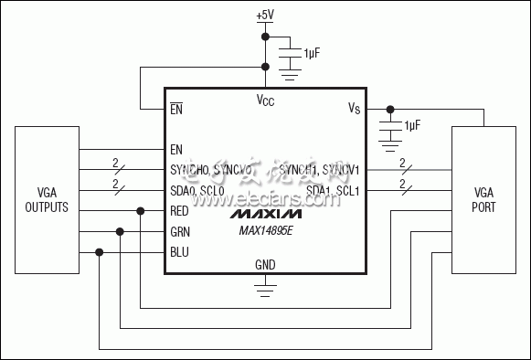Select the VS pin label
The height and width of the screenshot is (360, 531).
coord(355,109)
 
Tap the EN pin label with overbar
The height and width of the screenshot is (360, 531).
coord(177,109)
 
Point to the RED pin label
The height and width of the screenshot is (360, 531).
coord(180,210)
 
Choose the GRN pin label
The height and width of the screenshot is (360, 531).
coord(180,231)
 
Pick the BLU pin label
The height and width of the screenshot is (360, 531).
coord(179,252)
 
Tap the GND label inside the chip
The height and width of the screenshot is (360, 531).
coord(265,265)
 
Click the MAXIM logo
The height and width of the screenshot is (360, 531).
coord(265,214)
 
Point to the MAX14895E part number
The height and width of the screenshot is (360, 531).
coord(265,231)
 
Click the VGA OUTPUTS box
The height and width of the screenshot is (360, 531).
coord(47,201)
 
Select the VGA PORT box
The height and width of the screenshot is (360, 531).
coord(483,201)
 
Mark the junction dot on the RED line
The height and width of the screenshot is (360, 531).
coord(141,210)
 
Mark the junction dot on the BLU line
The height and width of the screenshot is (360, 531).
coord(99,252)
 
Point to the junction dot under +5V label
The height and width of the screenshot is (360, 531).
coord(265,37)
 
